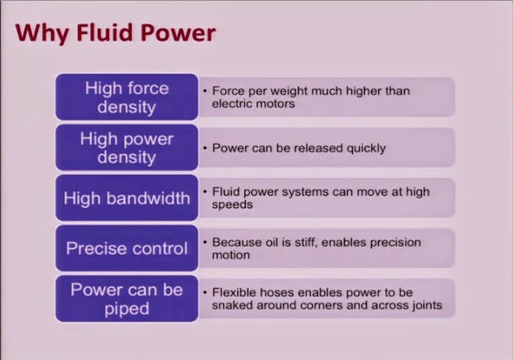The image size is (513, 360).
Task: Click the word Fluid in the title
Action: pos(106,33)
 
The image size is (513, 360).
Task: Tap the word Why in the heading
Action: pos(42,34)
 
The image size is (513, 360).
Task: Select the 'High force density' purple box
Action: pos(127,97)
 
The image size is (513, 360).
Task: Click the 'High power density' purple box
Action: pos(127,148)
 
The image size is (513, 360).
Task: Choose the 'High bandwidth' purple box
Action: pos(127,198)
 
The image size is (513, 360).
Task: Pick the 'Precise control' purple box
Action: pos(127,248)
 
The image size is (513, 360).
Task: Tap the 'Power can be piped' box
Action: pos(127,299)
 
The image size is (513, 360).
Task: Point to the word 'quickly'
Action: pos(366,148)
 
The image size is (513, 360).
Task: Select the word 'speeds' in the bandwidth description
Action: pos(232,205)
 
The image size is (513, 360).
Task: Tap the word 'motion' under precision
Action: pos(231,255)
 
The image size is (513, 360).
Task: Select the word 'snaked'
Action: pos(233,305)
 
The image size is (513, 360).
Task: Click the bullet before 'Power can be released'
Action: pos(205,148)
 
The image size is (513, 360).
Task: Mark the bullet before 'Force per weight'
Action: pos(205,91)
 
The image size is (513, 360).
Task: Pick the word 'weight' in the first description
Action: pos(287,91)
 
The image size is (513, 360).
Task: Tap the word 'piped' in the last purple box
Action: pos(127,309)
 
